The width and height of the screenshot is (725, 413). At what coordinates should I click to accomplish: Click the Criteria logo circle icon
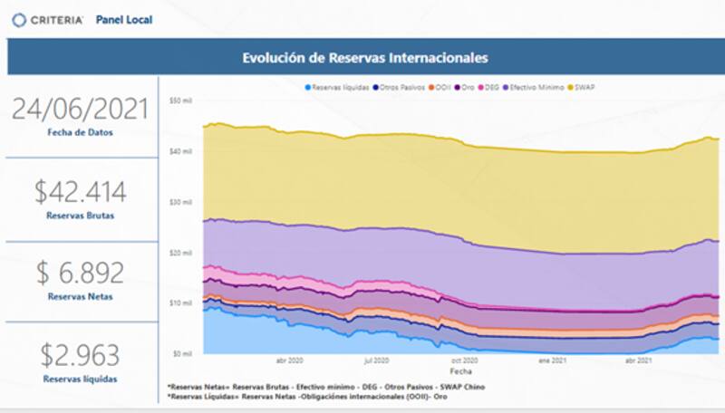tap(19, 19)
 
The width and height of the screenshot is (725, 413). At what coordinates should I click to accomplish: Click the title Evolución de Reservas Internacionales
tap(365, 58)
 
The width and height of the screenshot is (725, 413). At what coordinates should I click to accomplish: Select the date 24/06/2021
tap(80, 109)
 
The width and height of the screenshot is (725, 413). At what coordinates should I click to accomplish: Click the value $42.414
tap(80, 191)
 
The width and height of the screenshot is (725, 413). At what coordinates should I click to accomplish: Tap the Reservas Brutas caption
tap(80, 216)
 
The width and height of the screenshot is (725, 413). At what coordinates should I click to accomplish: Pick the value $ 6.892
tap(80, 273)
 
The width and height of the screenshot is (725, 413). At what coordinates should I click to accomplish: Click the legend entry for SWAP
tap(583, 87)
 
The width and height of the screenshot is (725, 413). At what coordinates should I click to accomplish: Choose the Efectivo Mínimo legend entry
tap(535, 87)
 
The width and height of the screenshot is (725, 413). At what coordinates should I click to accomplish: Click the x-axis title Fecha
tap(459, 370)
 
